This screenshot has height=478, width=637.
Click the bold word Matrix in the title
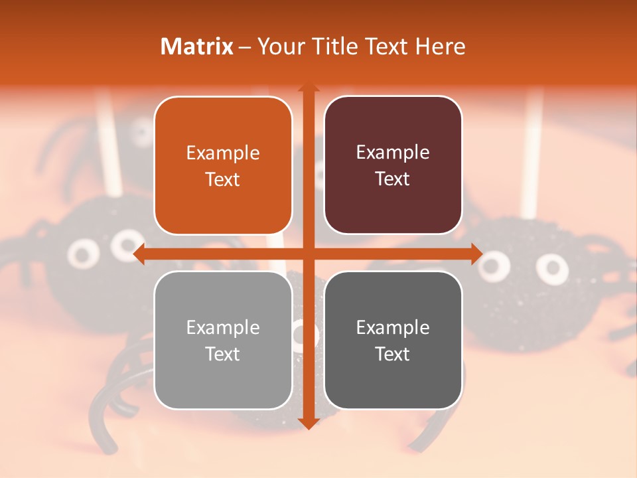[197, 46]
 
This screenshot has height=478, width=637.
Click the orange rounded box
[223, 165]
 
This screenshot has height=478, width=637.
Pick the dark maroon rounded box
[393, 165]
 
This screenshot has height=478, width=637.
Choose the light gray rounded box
[223, 340]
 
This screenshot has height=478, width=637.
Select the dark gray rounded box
[393, 340]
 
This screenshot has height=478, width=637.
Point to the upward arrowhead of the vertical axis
[308, 88]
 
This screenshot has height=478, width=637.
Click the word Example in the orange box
[223, 153]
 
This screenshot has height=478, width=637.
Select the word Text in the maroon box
[393, 179]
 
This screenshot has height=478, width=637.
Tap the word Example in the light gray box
[223, 327]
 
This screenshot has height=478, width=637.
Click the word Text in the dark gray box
[393, 354]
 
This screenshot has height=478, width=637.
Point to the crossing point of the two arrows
[308, 254]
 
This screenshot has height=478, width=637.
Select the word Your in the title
[279, 46]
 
